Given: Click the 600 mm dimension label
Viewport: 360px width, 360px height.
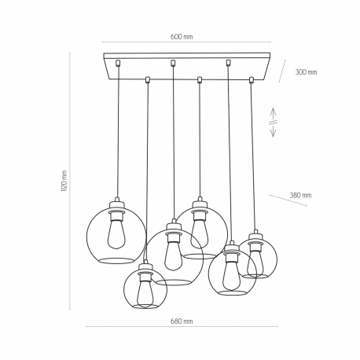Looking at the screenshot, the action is point(182,37).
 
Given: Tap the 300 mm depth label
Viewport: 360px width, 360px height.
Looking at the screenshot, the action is point(306,72).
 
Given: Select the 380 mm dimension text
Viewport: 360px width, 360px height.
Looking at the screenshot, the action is point(300,195).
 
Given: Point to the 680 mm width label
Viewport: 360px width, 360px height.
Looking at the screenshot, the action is point(182,321).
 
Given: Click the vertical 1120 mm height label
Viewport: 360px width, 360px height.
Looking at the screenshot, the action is point(64,181).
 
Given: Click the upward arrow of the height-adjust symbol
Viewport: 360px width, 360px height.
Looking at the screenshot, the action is point(273,113).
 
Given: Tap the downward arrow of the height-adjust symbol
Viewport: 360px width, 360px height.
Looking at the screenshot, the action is point(273,130).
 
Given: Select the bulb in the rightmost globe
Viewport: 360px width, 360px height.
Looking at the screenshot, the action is point(255,263).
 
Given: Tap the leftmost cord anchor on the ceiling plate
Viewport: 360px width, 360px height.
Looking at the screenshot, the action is point(118,63).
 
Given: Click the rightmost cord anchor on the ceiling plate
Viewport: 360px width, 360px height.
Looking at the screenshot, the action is point(252,79).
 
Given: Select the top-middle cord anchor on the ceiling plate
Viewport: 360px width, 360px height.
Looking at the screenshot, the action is point(173,63).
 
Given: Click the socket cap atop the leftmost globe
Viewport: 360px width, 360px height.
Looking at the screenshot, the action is point(117,204).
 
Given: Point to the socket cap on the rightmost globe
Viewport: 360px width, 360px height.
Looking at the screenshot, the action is point(255,235).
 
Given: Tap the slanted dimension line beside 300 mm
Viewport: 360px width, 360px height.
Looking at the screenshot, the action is point(282,71).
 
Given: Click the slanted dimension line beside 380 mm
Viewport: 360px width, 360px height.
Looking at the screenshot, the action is point(288,200).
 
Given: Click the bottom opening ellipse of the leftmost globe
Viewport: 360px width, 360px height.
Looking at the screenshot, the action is point(117,261).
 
